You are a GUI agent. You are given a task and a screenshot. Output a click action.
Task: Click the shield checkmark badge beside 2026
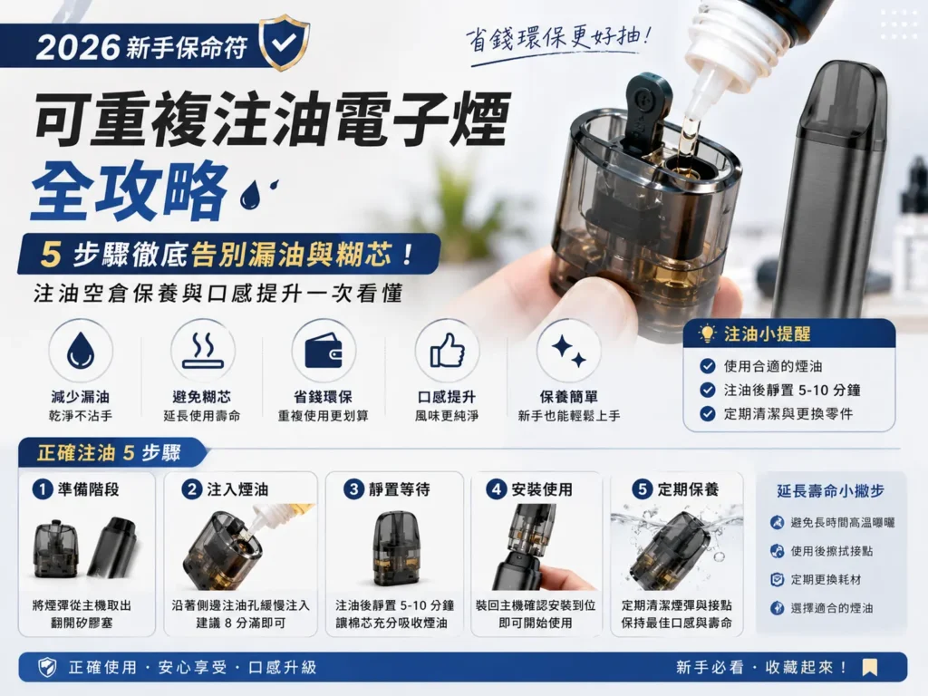click(284, 43)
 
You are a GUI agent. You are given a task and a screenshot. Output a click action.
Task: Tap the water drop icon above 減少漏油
click(81, 352)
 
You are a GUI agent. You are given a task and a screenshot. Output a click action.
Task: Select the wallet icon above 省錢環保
click(324, 351)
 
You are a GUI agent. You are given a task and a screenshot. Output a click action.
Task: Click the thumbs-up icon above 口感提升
click(447, 351)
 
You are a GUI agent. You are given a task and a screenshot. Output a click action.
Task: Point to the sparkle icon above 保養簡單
click(569, 352)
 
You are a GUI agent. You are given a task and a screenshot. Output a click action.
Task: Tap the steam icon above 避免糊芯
click(202, 351)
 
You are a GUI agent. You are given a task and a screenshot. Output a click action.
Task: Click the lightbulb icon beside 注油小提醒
click(707, 333)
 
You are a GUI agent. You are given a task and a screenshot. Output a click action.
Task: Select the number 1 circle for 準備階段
click(43, 489)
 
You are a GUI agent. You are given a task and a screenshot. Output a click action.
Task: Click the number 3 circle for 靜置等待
click(353, 489)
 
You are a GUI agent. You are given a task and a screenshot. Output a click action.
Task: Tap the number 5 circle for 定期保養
click(643, 489)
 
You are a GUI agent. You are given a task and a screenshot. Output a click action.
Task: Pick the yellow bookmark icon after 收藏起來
click(869, 668)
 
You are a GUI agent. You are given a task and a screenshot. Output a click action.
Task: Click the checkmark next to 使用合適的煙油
click(707, 366)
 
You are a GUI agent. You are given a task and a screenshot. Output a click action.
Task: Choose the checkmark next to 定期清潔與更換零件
click(707, 413)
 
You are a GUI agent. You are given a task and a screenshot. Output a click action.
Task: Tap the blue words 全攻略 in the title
click(130, 190)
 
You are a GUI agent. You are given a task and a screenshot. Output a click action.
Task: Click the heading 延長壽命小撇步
click(831, 490)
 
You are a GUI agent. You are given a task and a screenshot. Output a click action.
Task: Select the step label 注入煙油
click(237, 489)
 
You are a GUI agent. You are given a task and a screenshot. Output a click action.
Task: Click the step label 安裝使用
click(542, 489)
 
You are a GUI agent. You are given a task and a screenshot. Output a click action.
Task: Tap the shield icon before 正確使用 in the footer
click(47, 668)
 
